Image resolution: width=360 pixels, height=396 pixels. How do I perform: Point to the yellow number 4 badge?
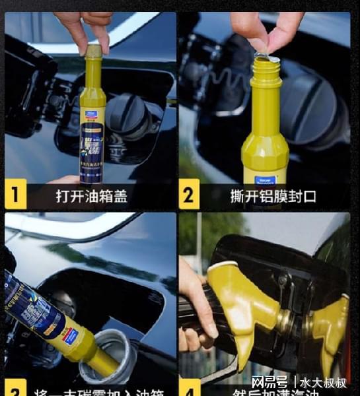(190, 388)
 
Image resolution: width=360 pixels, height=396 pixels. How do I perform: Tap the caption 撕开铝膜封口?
(264, 196)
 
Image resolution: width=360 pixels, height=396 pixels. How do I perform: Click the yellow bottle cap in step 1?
(94, 51)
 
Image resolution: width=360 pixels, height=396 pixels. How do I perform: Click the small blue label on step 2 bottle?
(266, 179)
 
